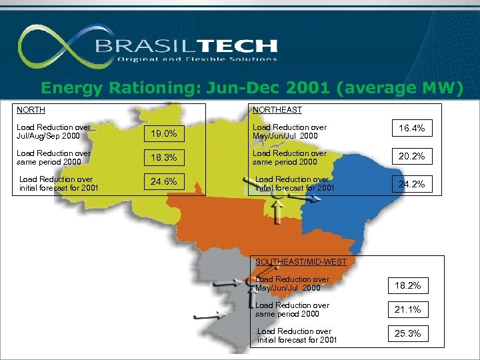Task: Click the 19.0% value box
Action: [x=163, y=133]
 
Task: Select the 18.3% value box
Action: [x=163, y=157]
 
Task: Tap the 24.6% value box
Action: [x=163, y=181]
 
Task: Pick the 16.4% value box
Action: [x=411, y=128]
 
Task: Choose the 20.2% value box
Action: [x=411, y=157]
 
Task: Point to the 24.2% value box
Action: [x=411, y=184]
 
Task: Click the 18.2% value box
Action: [x=407, y=285]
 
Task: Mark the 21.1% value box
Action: [x=407, y=309]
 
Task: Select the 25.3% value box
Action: [x=407, y=333]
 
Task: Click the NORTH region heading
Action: [x=31, y=110]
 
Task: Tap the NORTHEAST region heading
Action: [x=277, y=110]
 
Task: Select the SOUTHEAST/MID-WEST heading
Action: [x=301, y=262]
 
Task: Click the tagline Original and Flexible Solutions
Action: [x=197, y=59]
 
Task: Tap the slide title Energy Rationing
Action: [x=251, y=87]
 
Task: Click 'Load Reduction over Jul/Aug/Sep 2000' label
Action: [x=53, y=131]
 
